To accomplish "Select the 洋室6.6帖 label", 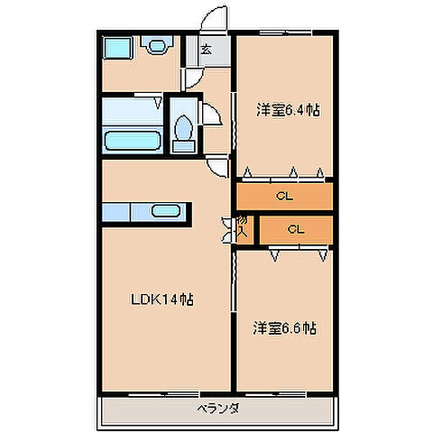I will pos(284,328).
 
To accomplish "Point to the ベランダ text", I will pos(216,409).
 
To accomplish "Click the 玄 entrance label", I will pos(206,51).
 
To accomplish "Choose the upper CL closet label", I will pos(284,196).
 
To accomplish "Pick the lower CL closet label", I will pos(295,230).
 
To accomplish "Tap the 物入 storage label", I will pos(243,226).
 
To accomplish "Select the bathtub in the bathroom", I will pos(133,140).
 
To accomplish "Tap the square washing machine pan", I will pos(115,48).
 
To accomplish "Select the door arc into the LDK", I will pos(216,165).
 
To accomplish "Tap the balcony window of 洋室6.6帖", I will pos(283,392).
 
